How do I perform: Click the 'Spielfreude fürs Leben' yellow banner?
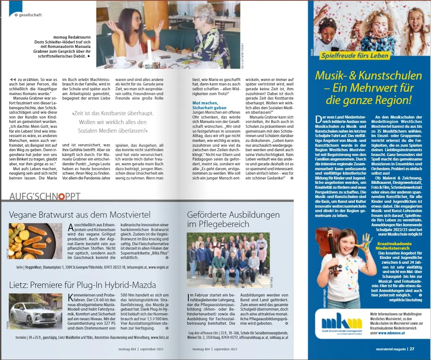click(x=355, y=56)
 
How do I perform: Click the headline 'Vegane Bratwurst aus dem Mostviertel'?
click(x=80, y=215)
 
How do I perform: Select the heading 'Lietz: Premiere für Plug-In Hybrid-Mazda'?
click(x=82, y=285)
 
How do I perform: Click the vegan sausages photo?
click(x=36, y=241)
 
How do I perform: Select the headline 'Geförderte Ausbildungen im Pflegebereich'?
click(x=234, y=219)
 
